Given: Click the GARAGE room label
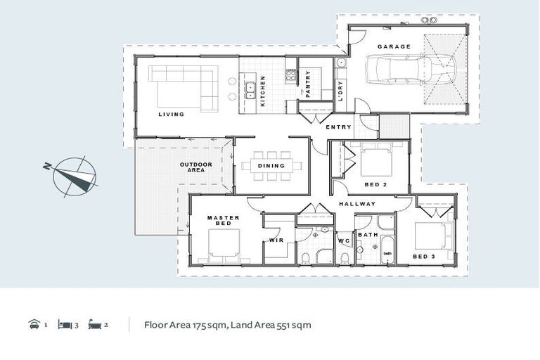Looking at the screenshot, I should point(394,46).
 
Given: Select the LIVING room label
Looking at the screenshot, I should point(171,114).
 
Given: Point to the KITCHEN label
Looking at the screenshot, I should point(263,91).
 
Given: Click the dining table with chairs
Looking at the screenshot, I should point(271,166).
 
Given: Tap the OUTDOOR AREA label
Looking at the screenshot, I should point(196,167).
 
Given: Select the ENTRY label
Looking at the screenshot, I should point(339,127).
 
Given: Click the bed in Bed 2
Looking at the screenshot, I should point(377,161).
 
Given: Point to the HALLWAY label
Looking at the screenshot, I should point(357,204).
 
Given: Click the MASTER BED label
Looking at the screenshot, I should point(224,221).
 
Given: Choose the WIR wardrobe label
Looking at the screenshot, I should point(276,240).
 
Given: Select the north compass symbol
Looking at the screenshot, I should point(73,176).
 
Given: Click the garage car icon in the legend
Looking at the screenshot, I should point(33,325).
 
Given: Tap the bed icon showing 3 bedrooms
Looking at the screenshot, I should point(64,325).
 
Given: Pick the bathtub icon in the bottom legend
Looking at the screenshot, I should point(95,325).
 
